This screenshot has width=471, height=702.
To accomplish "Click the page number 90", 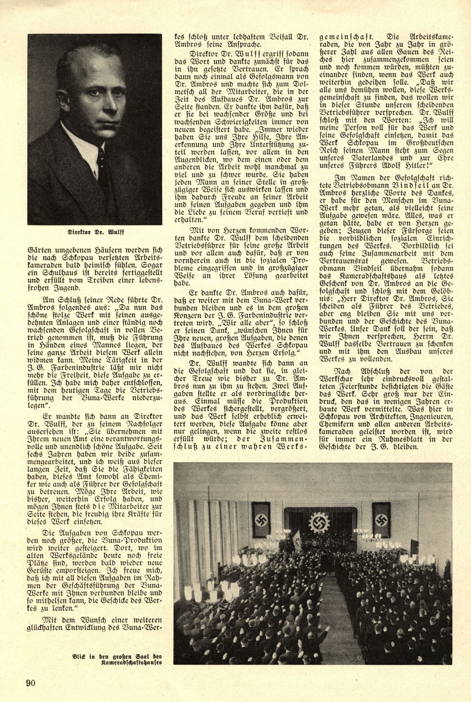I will [x=31, y=683].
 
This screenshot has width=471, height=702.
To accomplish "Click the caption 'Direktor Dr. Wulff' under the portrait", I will [x=95, y=233].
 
